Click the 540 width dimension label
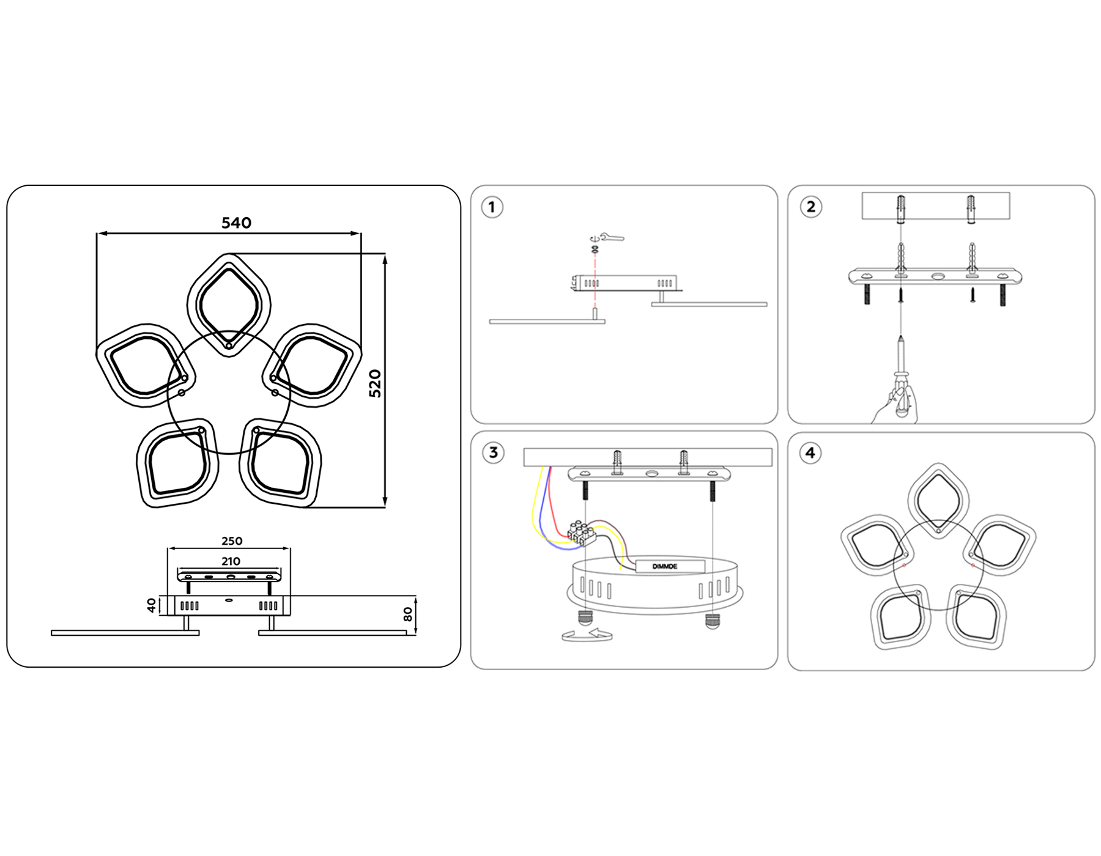click(x=236, y=223)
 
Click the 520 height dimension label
click(x=375, y=383)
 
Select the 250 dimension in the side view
click(x=232, y=541)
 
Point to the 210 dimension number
click(x=231, y=561)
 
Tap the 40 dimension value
click(x=152, y=605)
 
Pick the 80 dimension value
click(x=408, y=614)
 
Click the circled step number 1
click(x=492, y=207)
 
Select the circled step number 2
click(x=811, y=207)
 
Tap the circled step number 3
click(x=493, y=453)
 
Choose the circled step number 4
click(x=810, y=453)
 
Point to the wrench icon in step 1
click(x=612, y=237)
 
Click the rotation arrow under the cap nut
click(x=587, y=636)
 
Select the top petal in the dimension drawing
click(x=229, y=304)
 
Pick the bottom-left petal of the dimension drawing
click(x=176, y=463)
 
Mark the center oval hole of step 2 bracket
click(x=938, y=276)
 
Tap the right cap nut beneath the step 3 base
click(x=712, y=621)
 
